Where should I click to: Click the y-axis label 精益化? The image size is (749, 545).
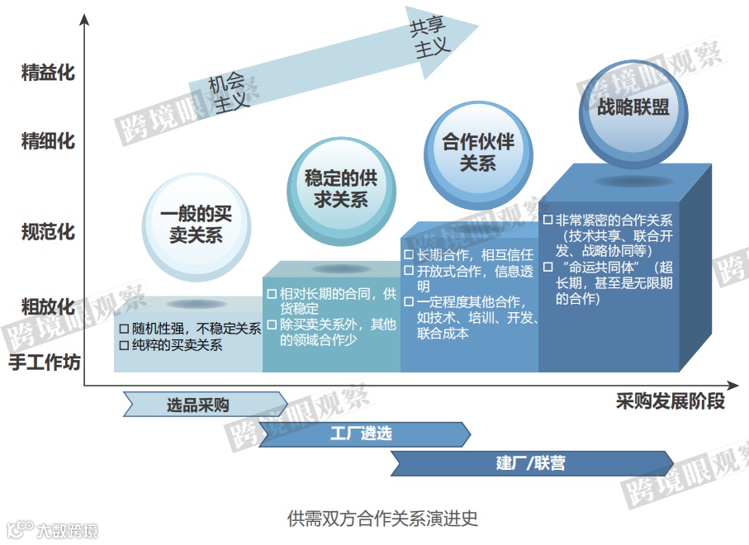tap(48, 73)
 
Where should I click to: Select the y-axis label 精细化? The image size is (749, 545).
tap(48, 141)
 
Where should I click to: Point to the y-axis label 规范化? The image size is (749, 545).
tap(48, 232)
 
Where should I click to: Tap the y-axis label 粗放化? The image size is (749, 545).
tap(48, 307)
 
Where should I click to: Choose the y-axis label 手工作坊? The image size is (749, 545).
tap(45, 362)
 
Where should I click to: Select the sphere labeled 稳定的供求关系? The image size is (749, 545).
tap(335, 187)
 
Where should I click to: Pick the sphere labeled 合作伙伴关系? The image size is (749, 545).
tap(478, 152)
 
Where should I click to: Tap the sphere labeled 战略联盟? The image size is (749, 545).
tap(633, 108)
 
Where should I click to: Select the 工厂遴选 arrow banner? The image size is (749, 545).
tap(363, 434)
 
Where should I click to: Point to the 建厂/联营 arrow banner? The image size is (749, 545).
tap(531, 462)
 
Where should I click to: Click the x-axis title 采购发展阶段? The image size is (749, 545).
tap(670, 403)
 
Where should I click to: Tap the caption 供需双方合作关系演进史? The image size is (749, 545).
tap(382, 519)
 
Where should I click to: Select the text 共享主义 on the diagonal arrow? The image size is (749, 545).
tap(430, 38)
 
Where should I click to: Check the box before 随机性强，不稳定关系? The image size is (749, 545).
tap(125, 329)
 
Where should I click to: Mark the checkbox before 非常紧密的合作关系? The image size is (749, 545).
tap(548, 220)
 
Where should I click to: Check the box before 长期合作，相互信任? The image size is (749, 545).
tap(409, 255)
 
